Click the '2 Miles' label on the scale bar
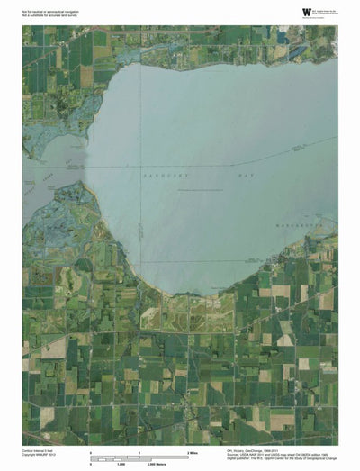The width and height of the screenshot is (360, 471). point(191,449)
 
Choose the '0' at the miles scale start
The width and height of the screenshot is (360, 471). point(91,449)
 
